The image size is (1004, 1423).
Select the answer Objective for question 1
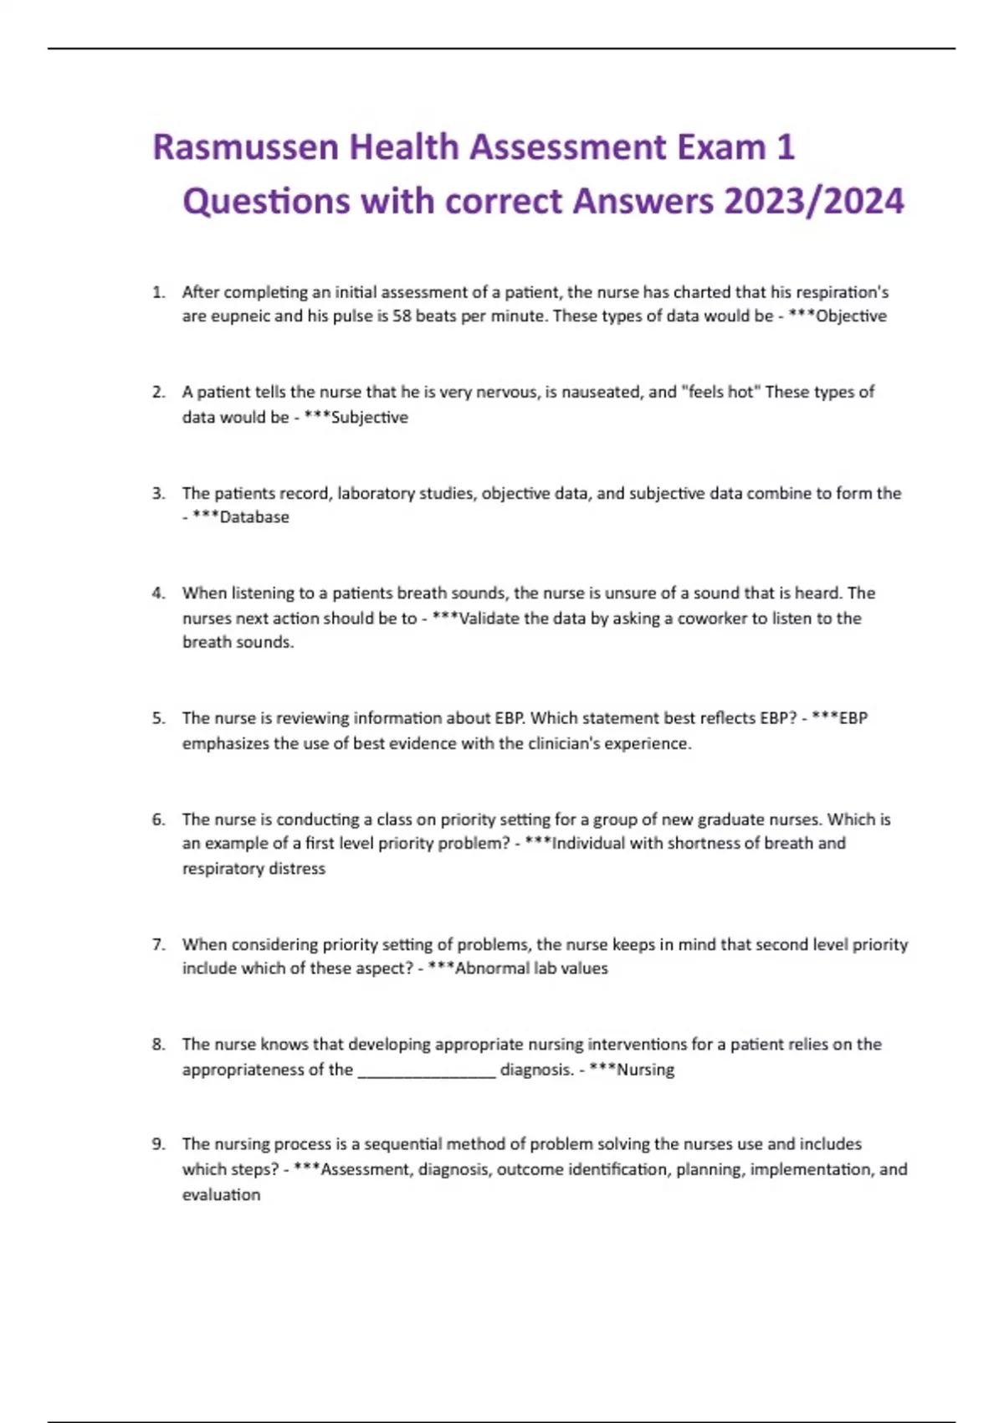pyautogui.click(x=851, y=316)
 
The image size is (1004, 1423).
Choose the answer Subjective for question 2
pyautogui.click(x=370, y=417)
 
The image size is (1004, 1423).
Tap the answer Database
pyautogui.click(x=254, y=517)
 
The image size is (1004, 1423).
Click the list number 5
pyautogui.click(x=158, y=718)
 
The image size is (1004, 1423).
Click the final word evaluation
pyautogui.click(x=221, y=1194)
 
